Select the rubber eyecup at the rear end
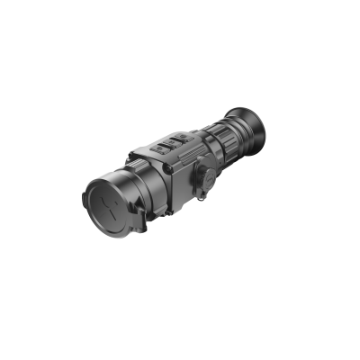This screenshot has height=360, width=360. pyautogui.click(x=251, y=126)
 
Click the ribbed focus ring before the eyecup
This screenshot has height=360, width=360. pyautogui.click(x=233, y=135)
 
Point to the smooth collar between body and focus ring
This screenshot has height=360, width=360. pyautogui.click(x=216, y=144)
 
